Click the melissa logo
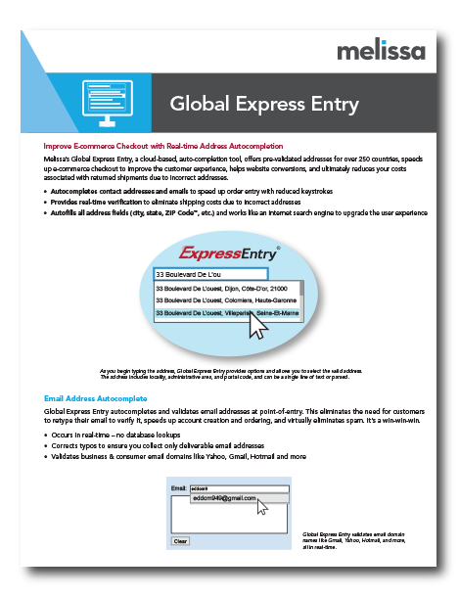381,50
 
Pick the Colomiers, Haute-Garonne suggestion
224,300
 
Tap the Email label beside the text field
178,487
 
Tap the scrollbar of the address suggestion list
300,300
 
